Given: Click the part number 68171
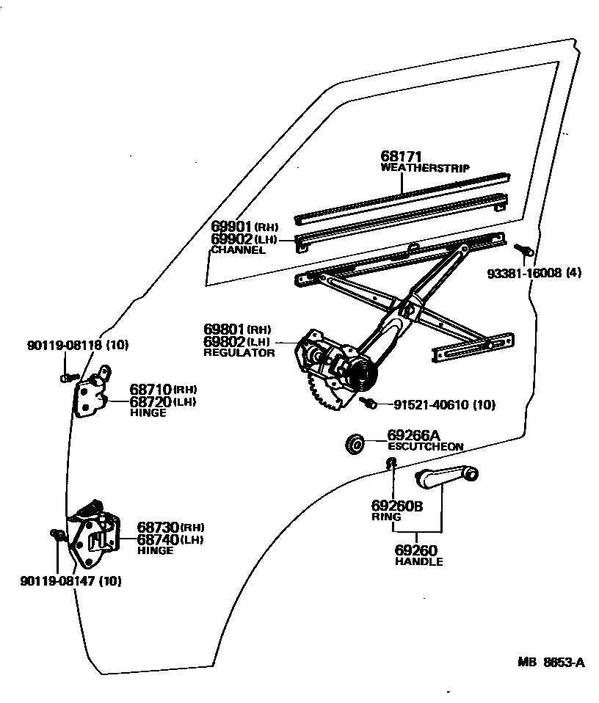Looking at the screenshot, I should tap(401, 156).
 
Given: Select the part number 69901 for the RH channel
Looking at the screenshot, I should tap(232, 227).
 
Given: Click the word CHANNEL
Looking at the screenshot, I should tap(238, 250).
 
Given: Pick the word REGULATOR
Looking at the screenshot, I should tap(239, 353).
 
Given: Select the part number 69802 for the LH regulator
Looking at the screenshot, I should tap(225, 342).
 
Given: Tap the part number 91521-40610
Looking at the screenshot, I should tap(425, 404).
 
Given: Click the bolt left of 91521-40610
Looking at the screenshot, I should tap(369, 402).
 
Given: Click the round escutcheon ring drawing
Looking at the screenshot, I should tap(355, 443).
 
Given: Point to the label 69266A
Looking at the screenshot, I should tap(413, 435).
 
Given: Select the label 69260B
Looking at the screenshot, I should tap(397, 506).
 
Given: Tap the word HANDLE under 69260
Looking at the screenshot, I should tap(419, 562).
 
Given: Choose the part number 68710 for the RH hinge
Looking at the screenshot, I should tap(150, 389).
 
